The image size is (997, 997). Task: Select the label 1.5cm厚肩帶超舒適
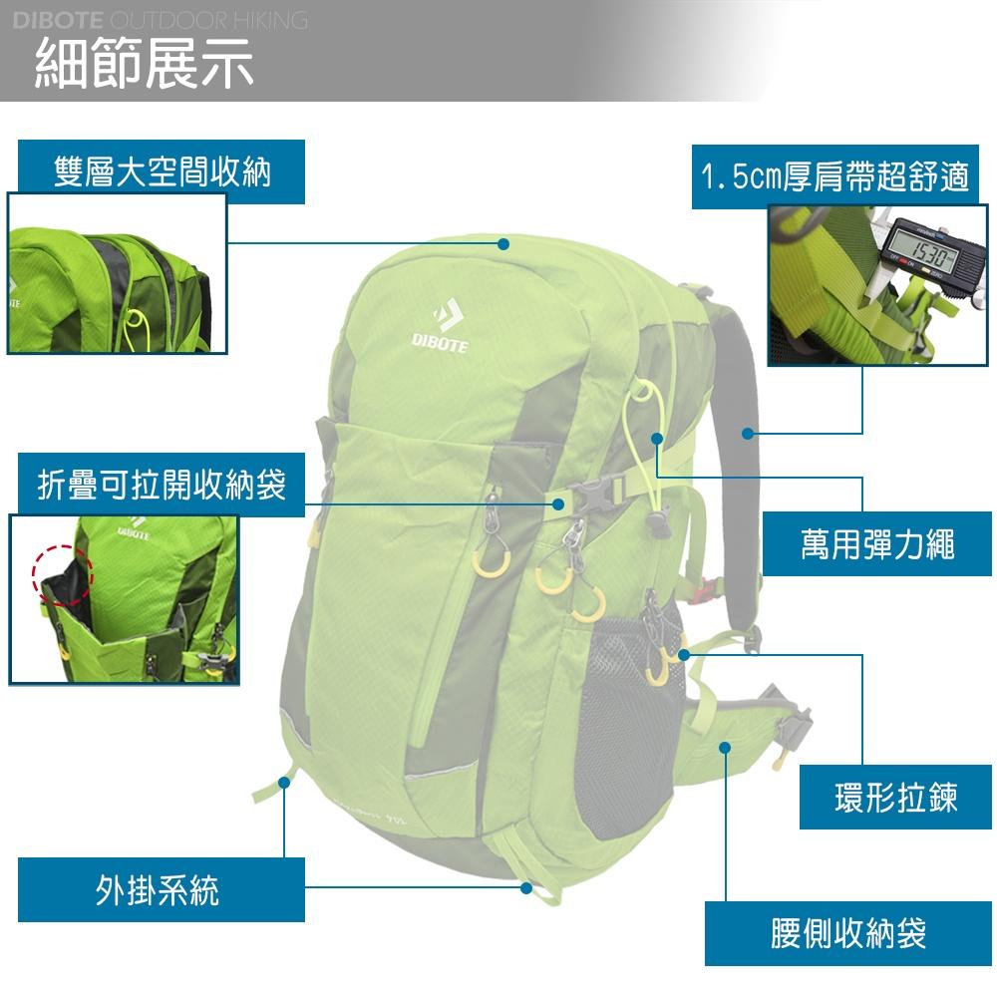(x=834, y=177)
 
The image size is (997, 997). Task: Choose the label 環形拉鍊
(x=895, y=798)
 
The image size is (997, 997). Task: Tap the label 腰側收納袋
(x=848, y=933)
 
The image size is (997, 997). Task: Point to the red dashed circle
(x=62, y=575)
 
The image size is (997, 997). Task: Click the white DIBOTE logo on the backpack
(x=439, y=325)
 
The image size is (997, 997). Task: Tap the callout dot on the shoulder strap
(x=748, y=433)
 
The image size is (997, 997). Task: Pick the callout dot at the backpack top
(x=503, y=243)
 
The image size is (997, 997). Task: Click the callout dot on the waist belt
(x=725, y=747)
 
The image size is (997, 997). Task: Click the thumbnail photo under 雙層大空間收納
(x=118, y=273)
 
